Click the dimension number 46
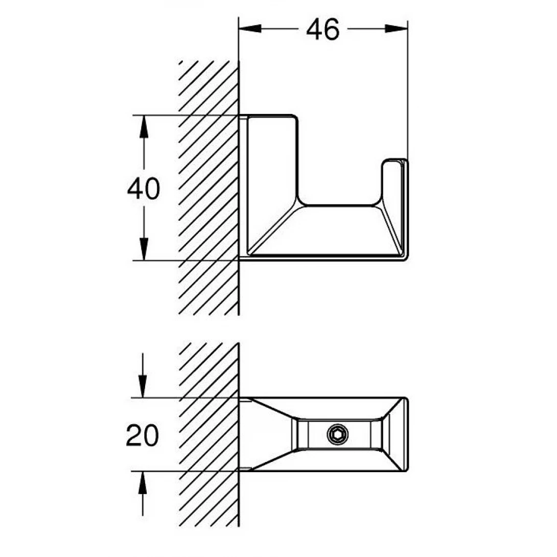(322, 30)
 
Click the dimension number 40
(143, 189)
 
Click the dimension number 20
(143, 435)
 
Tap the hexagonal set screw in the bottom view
(338, 434)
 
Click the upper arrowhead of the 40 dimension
(144, 126)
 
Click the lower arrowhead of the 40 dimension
(144, 250)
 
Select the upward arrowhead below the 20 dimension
(143, 482)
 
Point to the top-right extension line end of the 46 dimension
(407, 23)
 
